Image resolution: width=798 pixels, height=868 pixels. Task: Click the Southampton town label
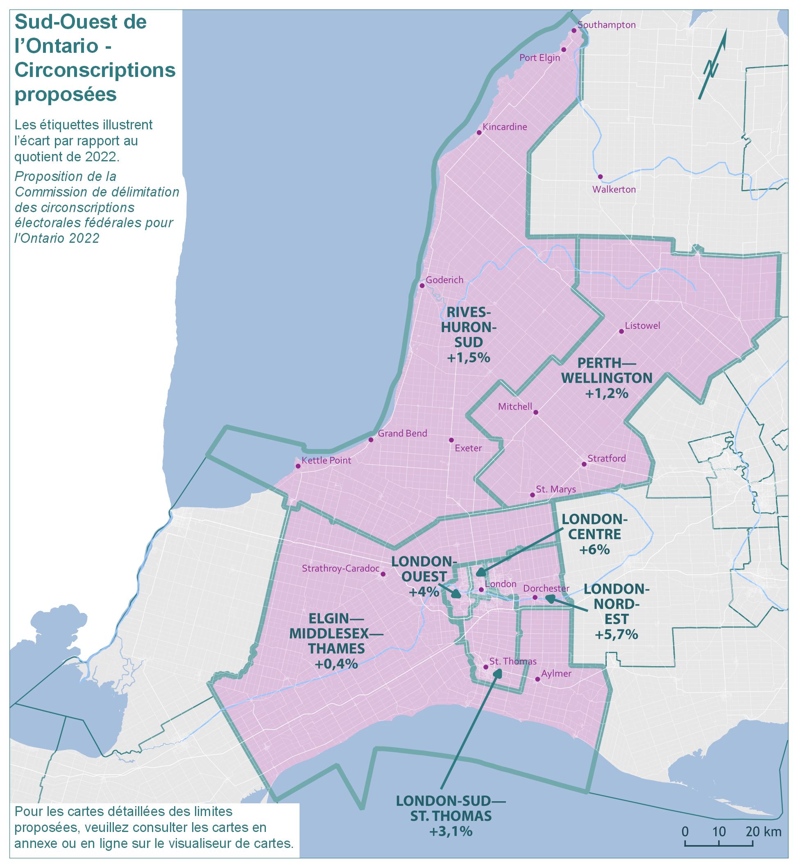[x=606, y=25]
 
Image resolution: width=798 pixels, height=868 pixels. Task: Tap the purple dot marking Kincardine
[x=479, y=133]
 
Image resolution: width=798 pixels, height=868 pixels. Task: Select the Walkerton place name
[x=614, y=190]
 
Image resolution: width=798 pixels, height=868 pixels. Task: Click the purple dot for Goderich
[x=422, y=286]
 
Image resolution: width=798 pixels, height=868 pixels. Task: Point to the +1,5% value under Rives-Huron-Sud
[x=469, y=357]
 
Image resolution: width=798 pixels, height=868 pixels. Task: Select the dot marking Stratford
[x=584, y=464]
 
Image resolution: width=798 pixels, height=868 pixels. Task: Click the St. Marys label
[x=556, y=489]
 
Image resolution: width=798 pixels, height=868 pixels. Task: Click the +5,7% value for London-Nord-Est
[x=616, y=635]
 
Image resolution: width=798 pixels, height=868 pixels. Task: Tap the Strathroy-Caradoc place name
[x=340, y=568]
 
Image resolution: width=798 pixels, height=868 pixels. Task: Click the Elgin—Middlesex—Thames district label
[x=336, y=634]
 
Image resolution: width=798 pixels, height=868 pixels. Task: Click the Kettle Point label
[x=326, y=461]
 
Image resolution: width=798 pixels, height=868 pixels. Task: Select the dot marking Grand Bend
[x=370, y=440]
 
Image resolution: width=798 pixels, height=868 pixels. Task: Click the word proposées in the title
[x=66, y=94]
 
